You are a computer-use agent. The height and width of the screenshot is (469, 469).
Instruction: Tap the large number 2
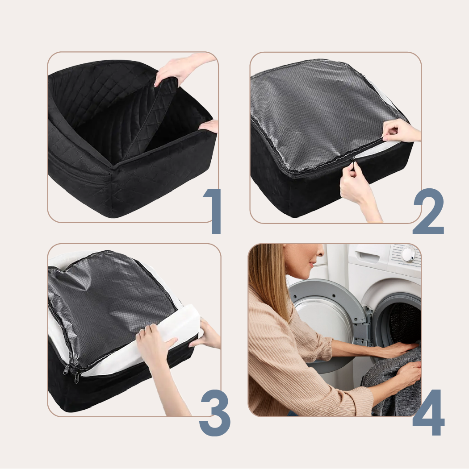point(428,212)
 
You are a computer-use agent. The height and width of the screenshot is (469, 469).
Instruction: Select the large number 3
point(215,413)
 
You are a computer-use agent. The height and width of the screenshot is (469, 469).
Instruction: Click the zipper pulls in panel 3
point(71,374)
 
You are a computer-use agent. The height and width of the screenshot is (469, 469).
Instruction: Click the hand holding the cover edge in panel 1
point(209,126)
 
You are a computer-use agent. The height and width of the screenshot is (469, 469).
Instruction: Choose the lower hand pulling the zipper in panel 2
point(358,188)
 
